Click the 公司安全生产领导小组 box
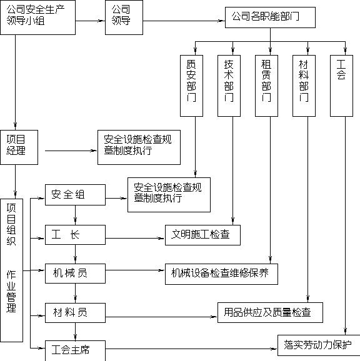37,17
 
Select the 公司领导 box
124,17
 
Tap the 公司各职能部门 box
270,17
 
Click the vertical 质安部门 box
191,86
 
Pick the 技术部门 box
229,86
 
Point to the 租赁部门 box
266,86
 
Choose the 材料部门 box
304,86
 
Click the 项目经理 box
19,147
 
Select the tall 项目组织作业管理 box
11,270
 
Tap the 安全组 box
76,195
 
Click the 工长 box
76,235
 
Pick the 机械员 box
76,274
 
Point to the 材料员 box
76,313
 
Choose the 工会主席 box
76,350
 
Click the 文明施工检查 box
202,235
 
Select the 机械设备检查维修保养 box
221,274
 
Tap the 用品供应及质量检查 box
270,313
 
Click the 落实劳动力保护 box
319,345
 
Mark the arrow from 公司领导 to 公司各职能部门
184,21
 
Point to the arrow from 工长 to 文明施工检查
135,238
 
